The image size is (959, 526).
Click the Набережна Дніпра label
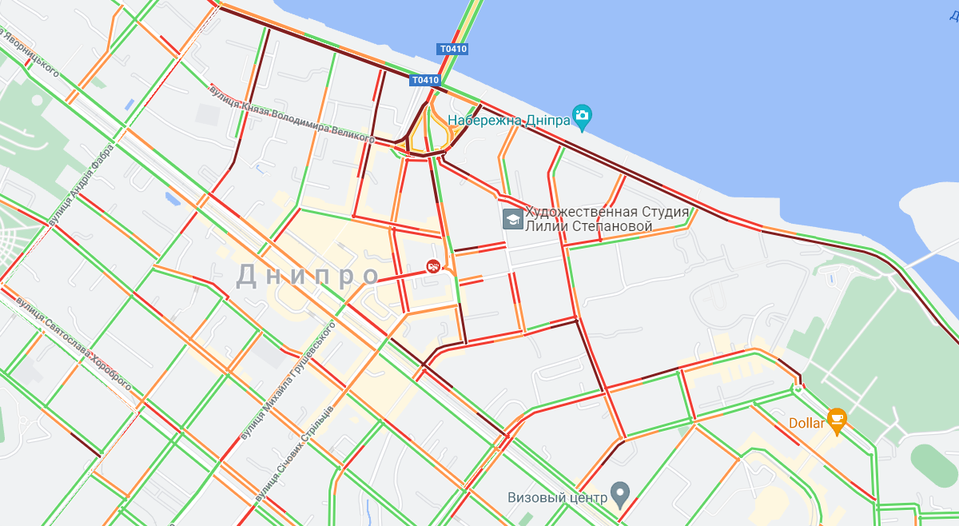coord(509,121)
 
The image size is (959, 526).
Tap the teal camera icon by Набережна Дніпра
coord(582,117)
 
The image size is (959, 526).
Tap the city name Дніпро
coord(308,275)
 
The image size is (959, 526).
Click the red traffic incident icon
coord(433,266)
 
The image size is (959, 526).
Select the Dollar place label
coord(806,423)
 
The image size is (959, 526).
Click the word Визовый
coord(535,496)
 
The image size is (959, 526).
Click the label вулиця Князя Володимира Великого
coord(292,114)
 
